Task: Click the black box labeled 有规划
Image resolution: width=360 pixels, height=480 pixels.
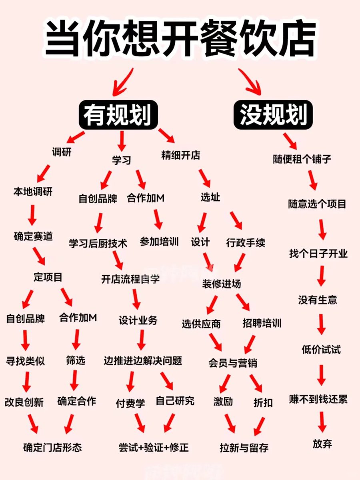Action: coord(118,115)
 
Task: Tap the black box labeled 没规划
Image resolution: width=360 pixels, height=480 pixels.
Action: coord(273,115)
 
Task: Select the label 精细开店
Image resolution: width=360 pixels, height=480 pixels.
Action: coord(180,155)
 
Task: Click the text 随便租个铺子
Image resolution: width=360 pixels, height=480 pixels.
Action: coord(302,159)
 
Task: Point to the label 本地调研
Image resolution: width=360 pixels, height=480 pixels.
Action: coord(33,192)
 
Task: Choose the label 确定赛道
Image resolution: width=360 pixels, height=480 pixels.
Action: coord(33,236)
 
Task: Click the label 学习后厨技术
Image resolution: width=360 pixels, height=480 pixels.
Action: coord(98,243)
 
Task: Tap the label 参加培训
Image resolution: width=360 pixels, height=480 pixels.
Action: coord(159,242)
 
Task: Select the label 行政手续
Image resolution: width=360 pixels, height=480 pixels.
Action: coord(245,243)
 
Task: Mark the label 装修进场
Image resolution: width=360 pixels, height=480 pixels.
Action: coord(222,284)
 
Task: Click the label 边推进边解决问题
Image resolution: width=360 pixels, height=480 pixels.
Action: coord(143,361)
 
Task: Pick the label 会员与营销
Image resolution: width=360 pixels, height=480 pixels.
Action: coord(233,363)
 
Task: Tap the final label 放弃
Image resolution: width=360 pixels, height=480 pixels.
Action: coord(322,444)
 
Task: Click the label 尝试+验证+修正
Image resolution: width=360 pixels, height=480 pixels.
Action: coord(152,448)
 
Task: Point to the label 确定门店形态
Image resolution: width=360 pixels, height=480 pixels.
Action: coord(52,447)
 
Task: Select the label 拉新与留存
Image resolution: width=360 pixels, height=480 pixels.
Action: coord(244,448)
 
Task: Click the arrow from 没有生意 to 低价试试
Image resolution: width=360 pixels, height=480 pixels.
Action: coord(322,324)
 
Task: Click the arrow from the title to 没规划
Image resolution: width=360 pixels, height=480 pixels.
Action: coord(250,81)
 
